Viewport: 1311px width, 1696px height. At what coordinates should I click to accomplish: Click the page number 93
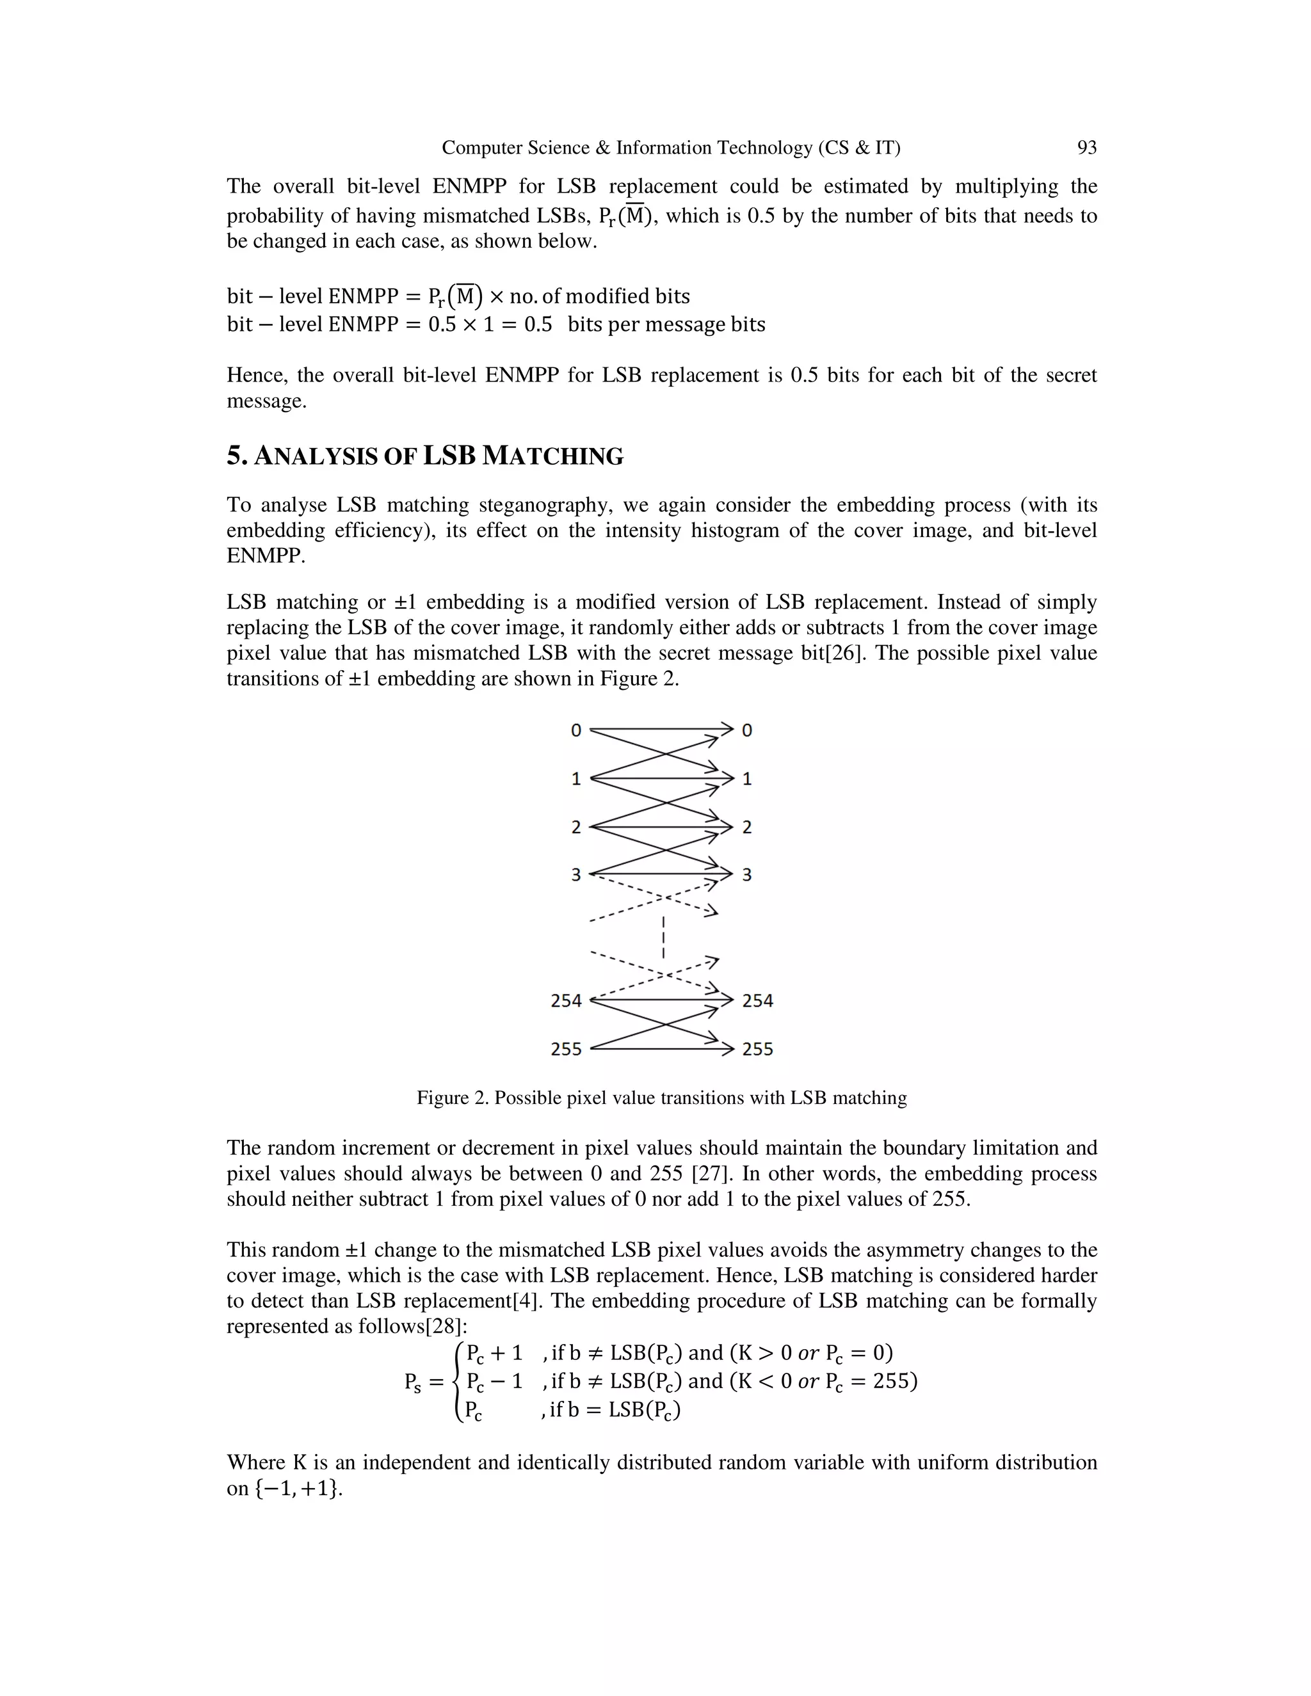1086,148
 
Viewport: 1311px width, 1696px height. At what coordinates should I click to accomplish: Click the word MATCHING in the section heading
552,456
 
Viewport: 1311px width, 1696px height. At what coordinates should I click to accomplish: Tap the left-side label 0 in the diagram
575,730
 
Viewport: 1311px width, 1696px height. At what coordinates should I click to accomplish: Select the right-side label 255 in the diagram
757,1049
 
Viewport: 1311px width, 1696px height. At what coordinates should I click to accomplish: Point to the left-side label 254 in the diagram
566,1000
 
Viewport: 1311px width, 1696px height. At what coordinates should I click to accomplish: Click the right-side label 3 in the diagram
747,875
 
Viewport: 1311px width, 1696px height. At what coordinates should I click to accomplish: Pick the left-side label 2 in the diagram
575,827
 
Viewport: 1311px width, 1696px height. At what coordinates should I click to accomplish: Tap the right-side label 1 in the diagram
747,779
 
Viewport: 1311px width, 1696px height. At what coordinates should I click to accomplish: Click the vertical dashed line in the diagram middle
664,938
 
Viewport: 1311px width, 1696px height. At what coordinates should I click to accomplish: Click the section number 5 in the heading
234,456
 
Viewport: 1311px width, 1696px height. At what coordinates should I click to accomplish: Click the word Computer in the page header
476,148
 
